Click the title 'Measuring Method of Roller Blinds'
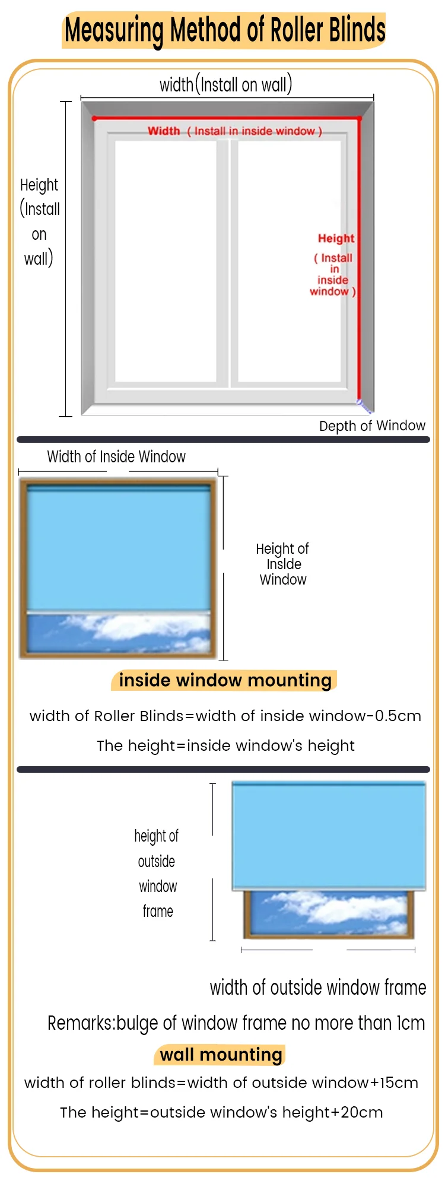[x=224, y=30]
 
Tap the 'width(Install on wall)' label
[x=225, y=85]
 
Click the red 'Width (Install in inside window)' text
[x=235, y=131]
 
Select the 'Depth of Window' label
[x=372, y=426]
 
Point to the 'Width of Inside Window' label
[x=116, y=456]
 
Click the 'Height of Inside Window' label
[x=283, y=564]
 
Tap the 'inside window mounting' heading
[x=225, y=680]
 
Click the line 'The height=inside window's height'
[x=225, y=745]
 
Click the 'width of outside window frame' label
[x=318, y=988]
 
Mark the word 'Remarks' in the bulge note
[x=80, y=1023]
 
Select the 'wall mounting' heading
[x=221, y=1055]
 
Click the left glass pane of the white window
[x=166, y=261]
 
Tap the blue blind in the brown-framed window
[x=119, y=549]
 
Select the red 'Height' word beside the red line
[x=336, y=239]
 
